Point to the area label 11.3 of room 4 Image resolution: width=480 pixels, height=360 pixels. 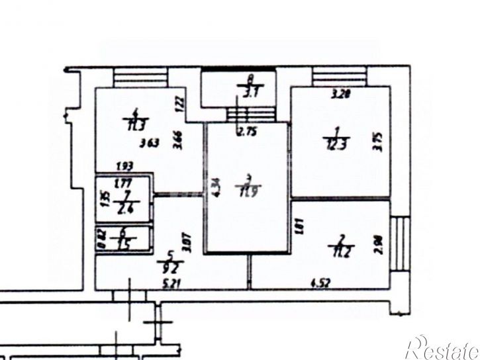coord(137,124)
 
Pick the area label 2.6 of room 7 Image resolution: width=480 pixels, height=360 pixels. coord(122,210)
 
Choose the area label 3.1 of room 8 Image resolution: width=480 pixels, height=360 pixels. coord(250,93)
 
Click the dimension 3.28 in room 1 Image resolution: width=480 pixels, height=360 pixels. coord(341,95)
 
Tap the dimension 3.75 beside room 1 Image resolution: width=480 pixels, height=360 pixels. coord(378,143)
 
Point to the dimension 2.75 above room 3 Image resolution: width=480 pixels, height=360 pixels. coord(247,131)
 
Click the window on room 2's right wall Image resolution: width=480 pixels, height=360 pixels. coord(401,242)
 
